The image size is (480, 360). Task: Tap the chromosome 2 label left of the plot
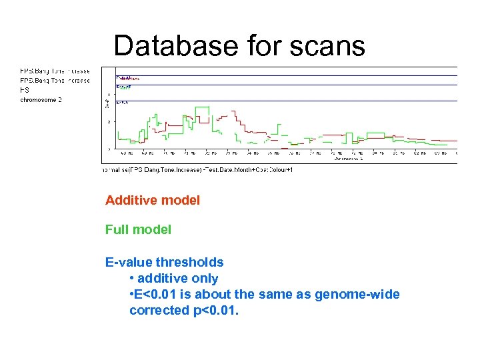(41, 99)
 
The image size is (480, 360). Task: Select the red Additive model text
(152, 200)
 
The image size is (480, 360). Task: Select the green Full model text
(138, 229)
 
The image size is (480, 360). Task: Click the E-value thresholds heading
(164, 262)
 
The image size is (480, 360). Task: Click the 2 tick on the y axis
(109, 121)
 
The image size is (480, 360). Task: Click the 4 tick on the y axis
(109, 94)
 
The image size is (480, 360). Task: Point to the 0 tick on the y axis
(109, 148)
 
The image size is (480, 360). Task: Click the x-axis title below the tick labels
(347, 159)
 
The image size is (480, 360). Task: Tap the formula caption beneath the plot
(198, 169)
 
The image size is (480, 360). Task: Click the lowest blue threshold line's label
(122, 102)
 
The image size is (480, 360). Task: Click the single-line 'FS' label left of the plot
(25, 89)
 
